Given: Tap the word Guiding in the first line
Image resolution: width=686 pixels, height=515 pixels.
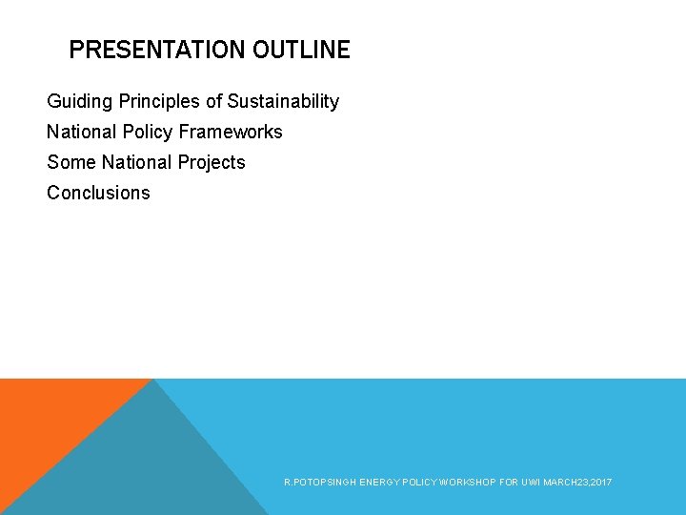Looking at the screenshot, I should pyautogui.click(x=78, y=101).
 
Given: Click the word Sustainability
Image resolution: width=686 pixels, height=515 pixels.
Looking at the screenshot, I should pyautogui.click(x=283, y=101).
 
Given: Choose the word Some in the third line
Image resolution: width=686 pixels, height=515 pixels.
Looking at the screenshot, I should pyautogui.click(x=71, y=162).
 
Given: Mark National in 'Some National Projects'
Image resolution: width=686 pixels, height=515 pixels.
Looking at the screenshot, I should pyautogui.click(x=134, y=162).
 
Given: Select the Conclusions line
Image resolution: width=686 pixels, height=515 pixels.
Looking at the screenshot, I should pyautogui.click(x=98, y=193).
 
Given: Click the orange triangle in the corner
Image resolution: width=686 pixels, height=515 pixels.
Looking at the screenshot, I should pyautogui.click(x=48, y=420).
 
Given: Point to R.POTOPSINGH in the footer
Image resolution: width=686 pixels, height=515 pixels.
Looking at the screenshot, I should pyautogui.click(x=320, y=484).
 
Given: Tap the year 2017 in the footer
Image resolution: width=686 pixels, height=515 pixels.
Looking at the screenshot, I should pyautogui.click(x=600, y=484).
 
